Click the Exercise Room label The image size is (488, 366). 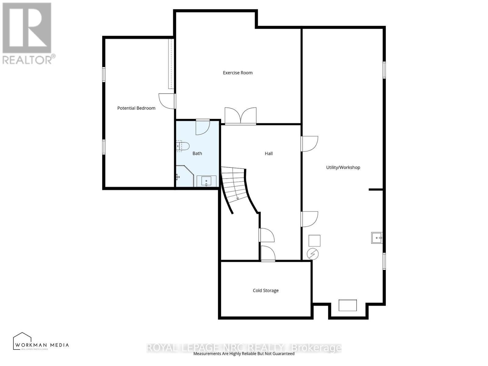click(238, 73)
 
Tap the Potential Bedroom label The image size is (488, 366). click(136, 108)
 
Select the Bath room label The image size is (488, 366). click(197, 153)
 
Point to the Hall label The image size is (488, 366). click(268, 153)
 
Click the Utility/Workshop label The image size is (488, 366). click(343, 167)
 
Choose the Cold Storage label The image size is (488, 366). click(266, 290)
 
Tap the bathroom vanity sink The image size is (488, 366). click(206, 181)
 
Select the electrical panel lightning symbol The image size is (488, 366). click(313, 254)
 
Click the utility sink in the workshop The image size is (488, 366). click(377, 238)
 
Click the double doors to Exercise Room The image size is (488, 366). click(241, 116)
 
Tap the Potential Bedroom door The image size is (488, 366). click(167, 101)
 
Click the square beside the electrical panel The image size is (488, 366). click(314, 241)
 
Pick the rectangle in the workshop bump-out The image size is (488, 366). click(348, 305)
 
